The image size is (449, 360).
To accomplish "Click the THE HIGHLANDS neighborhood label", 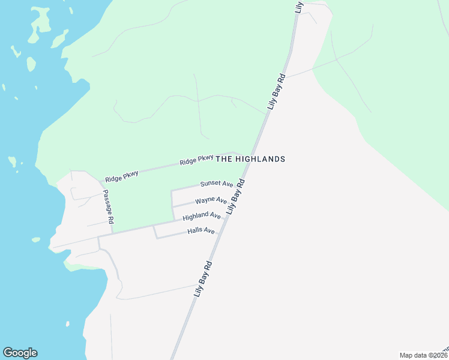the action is (x=250, y=159).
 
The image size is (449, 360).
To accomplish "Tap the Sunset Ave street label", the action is (x=216, y=184).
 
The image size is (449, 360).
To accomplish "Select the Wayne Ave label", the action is (x=211, y=200).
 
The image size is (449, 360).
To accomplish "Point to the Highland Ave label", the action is (x=202, y=215).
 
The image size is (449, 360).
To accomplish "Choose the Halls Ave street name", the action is (x=200, y=231).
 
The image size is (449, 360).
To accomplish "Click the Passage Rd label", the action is (x=107, y=207).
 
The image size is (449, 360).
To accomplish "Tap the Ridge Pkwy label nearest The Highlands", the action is (x=196, y=161).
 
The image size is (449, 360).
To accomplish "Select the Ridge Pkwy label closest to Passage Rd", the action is (x=121, y=176).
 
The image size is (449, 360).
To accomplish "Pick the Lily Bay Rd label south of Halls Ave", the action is (x=203, y=279).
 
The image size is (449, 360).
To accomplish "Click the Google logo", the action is (x=20, y=353).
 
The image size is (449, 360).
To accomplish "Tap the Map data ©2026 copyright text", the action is (x=423, y=355).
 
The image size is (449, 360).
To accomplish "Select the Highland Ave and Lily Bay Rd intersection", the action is (x=227, y=218).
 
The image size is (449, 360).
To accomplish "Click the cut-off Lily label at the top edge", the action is (x=299, y=6).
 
